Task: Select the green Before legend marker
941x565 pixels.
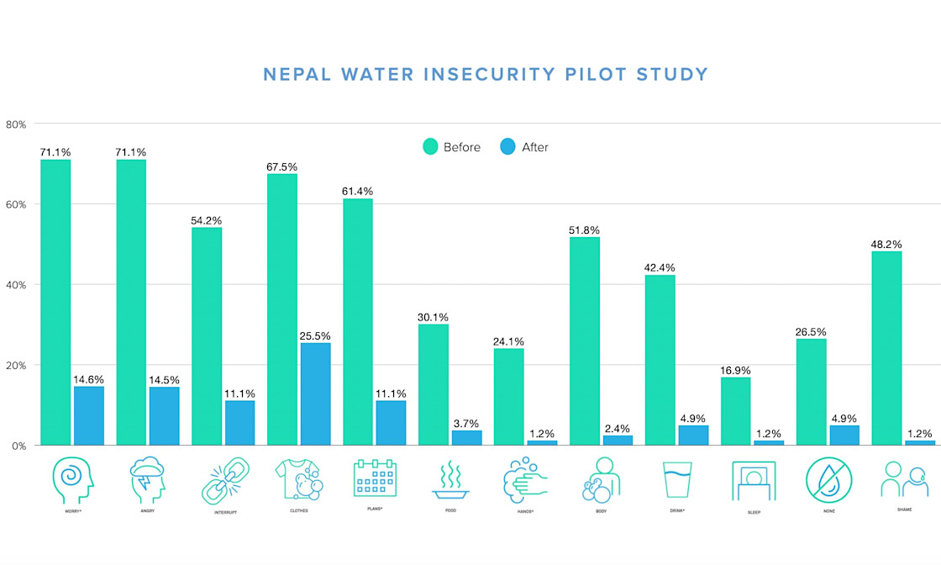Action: point(430,147)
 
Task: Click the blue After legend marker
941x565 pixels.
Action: point(507,147)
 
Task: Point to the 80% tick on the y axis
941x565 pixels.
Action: point(16,124)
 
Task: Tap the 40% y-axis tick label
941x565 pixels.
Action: point(16,285)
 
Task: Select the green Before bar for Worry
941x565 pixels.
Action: point(55,302)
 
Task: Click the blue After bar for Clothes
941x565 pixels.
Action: point(316,393)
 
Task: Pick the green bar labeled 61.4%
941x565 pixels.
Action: point(358,321)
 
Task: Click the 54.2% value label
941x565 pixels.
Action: point(207,220)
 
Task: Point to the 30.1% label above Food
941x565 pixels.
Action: point(434,317)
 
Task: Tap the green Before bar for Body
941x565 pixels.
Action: point(585,341)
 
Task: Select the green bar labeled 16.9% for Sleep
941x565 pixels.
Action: point(736,411)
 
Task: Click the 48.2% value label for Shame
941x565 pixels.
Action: point(887,245)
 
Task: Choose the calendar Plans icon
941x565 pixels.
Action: point(375,477)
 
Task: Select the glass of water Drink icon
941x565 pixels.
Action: point(677,480)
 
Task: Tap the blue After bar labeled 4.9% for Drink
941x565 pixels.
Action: point(694,435)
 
